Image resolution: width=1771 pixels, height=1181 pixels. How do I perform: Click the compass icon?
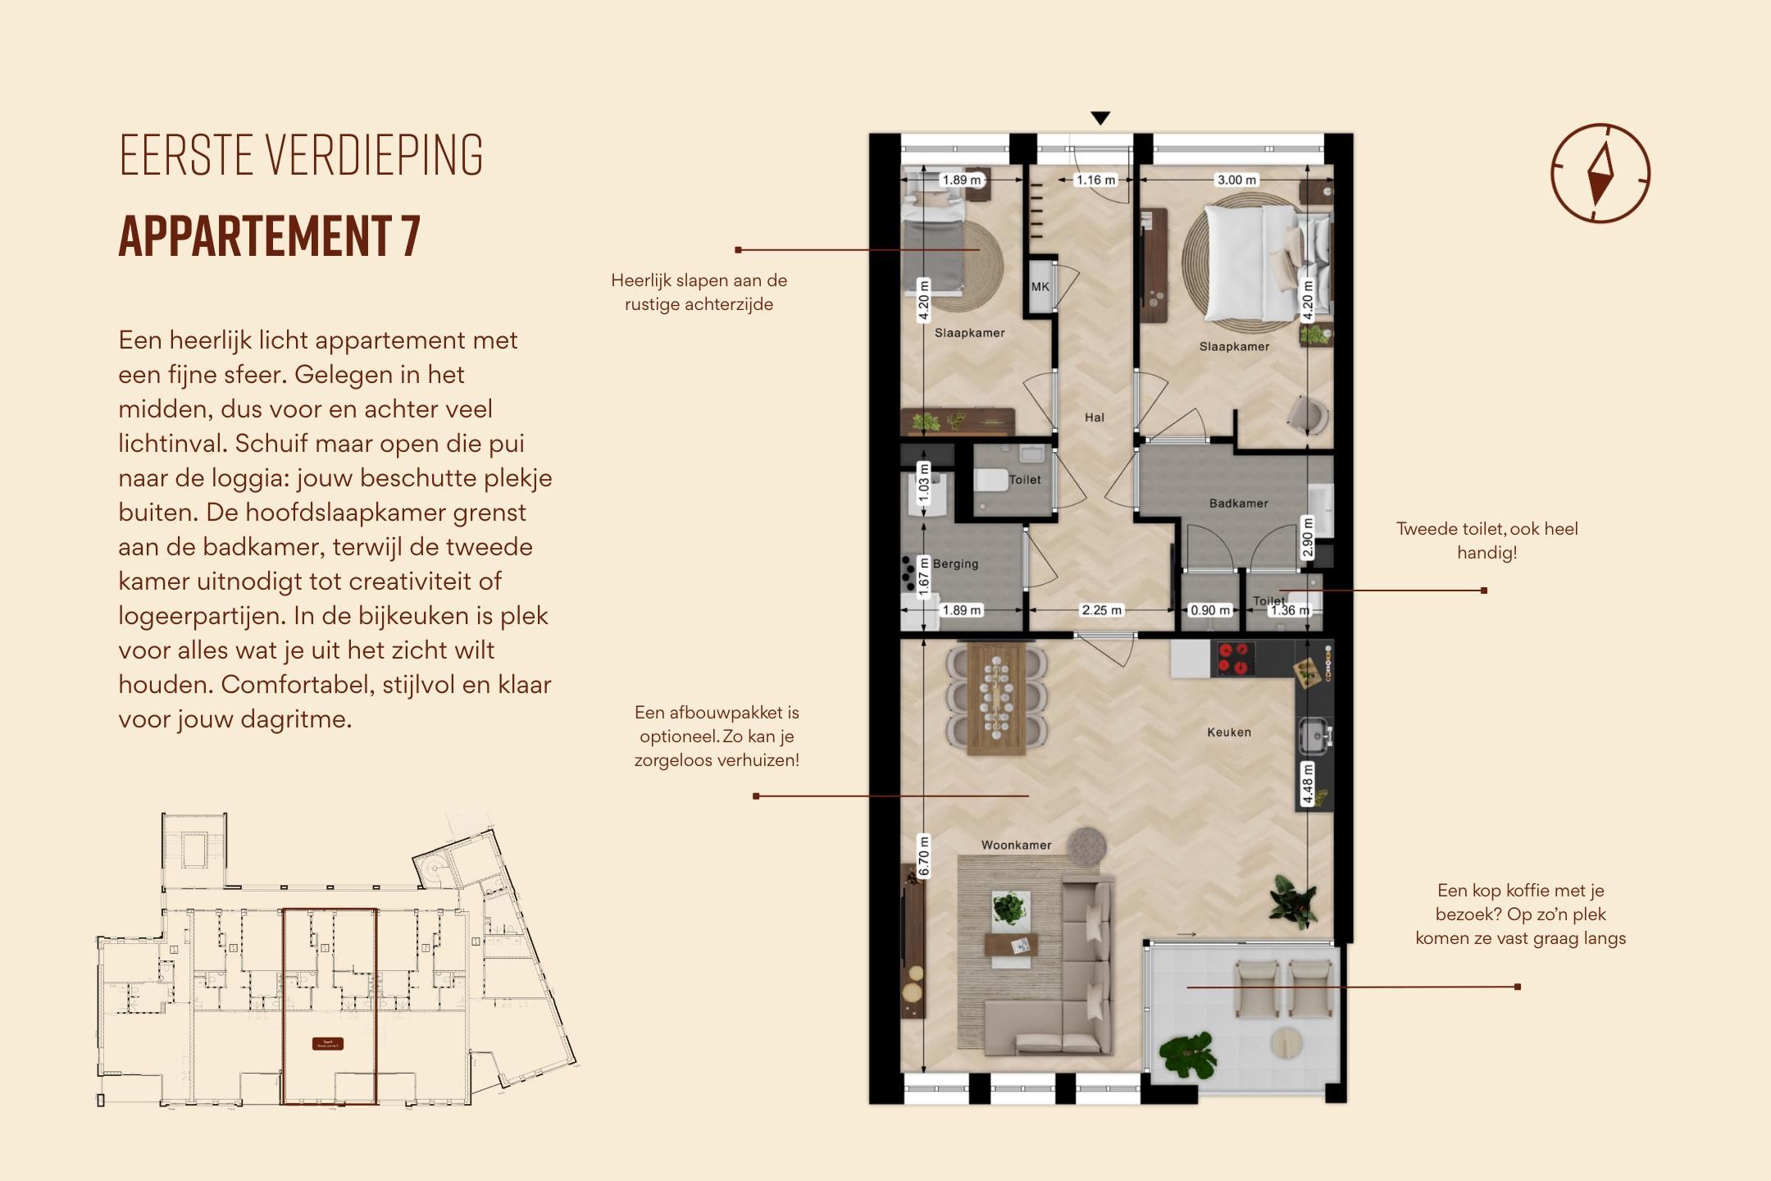(x=1600, y=173)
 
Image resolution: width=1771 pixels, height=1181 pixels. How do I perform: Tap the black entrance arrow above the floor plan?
(x=1100, y=119)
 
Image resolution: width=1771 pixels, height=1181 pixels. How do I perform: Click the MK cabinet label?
(x=1040, y=287)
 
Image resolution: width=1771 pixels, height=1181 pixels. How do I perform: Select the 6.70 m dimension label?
(x=924, y=856)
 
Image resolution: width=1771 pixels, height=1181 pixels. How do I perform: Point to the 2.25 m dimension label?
(x=1101, y=610)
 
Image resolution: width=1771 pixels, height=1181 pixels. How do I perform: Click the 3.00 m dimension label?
(x=1236, y=180)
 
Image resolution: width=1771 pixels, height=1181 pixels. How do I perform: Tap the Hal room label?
(x=1095, y=417)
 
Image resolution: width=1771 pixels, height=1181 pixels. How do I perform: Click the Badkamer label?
(x=1238, y=504)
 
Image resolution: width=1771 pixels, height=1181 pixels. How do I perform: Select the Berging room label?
(x=955, y=564)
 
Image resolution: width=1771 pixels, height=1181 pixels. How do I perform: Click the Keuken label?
(x=1229, y=732)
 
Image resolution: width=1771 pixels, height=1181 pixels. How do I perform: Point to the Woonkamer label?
(x=1016, y=846)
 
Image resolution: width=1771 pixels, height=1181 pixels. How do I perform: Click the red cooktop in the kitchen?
(x=1235, y=659)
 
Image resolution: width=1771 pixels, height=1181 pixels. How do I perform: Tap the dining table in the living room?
(x=996, y=699)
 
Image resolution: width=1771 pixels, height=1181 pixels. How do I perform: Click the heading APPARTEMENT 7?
(x=270, y=236)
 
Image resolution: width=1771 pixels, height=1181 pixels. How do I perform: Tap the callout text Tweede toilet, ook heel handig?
(x=1486, y=540)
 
